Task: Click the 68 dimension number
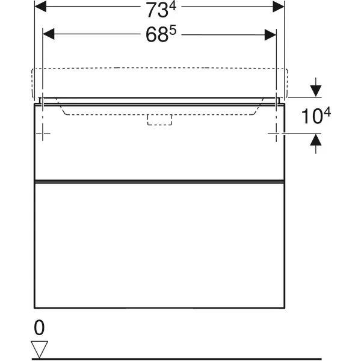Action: (156, 35)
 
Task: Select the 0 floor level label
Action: (39, 328)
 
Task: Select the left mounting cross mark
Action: (43, 133)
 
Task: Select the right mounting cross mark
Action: (276, 133)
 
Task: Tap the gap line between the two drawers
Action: (159, 181)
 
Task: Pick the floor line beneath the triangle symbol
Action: (180, 357)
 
